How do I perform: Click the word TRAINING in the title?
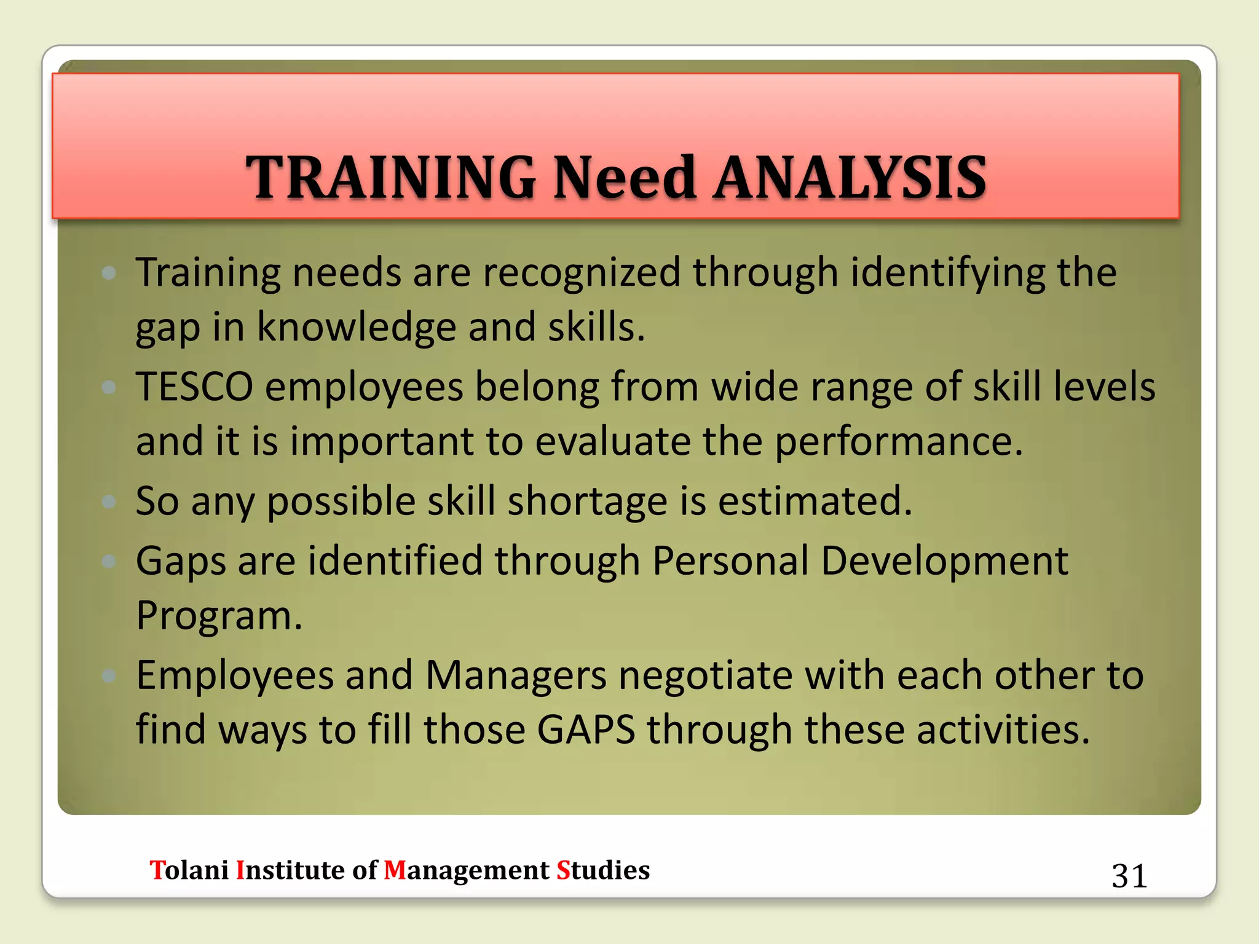point(391,178)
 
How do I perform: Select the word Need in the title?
point(625,178)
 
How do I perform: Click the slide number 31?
point(1129,876)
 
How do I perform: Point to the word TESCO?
point(194,387)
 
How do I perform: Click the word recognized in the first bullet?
point(582,272)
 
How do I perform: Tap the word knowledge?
point(356,327)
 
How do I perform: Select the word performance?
point(898,442)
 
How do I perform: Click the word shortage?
point(587,502)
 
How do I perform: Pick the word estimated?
point(815,500)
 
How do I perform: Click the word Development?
point(944,562)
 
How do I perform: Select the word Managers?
point(516,675)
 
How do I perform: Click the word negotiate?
point(706,675)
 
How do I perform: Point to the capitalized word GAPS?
point(586,730)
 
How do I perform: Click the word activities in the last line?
point(1003,730)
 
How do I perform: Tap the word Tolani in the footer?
point(189,870)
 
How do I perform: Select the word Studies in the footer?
point(603,870)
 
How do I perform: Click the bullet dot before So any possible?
point(109,502)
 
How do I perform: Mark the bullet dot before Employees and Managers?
point(109,676)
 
